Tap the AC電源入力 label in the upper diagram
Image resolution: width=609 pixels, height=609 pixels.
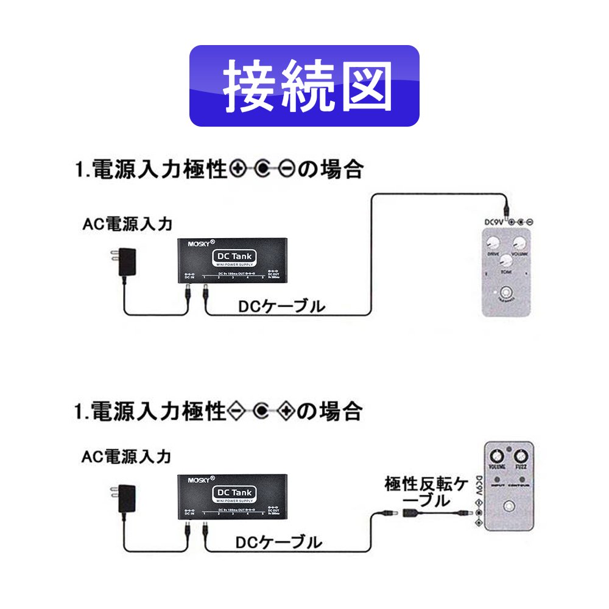128,225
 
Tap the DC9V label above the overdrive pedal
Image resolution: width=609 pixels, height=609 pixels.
495,222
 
